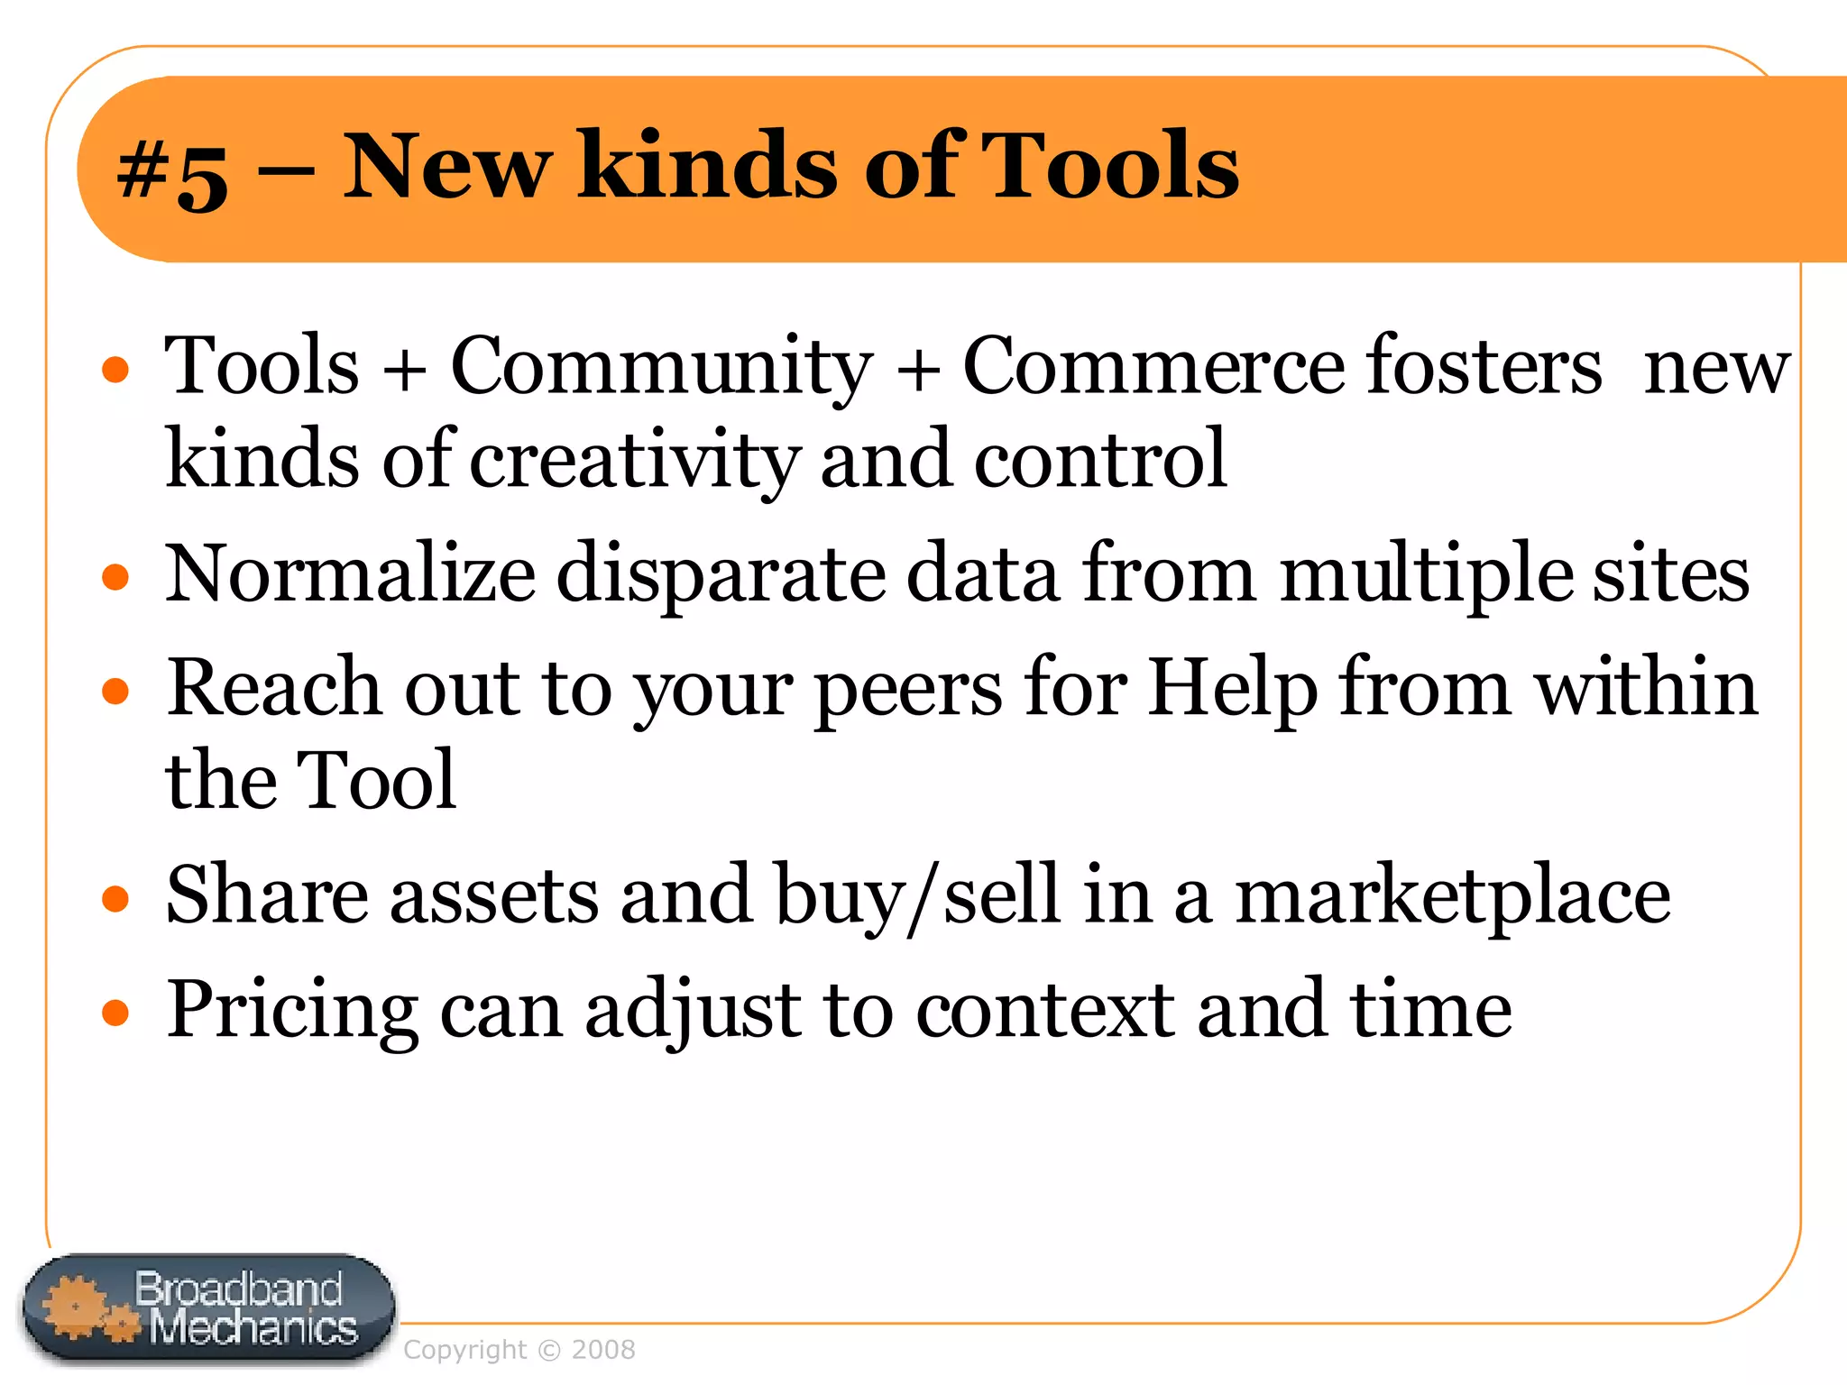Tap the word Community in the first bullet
click(x=661, y=366)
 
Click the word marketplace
click(x=1452, y=896)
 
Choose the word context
click(x=1045, y=1010)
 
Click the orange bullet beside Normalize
click(x=115, y=577)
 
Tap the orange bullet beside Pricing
click(x=115, y=1013)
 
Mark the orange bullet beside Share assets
click(x=115, y=899)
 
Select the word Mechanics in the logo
click(x=253, y=1328)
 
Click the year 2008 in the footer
click(x=603, y=1350)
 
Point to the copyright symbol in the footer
click(x=548, y=1350)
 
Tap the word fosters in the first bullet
click(x=1484, y=366)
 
